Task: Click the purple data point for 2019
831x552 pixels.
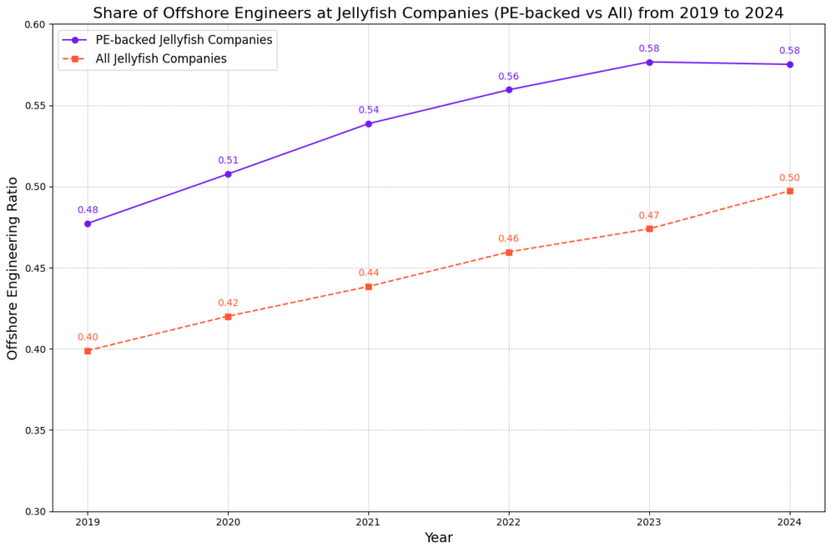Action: pos(88,223)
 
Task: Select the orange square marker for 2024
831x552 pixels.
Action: pos(790,191)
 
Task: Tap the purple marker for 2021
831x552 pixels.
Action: pos(368,123)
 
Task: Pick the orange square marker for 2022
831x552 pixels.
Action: pos(509,252)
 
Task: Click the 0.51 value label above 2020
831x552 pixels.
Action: pos(228,161)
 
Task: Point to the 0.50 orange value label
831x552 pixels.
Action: pos(790,178)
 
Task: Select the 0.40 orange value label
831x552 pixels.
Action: pos(88,337)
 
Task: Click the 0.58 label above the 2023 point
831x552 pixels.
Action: pos(649,49)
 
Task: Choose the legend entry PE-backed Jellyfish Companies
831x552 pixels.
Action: pos(184,39)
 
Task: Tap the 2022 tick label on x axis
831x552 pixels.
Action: pos(509,523)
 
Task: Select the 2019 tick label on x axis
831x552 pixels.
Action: pos(88,523)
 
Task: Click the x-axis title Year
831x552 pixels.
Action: pos(438,537)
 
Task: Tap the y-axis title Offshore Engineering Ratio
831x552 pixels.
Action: pos(12,268)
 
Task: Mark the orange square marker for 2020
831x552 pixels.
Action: pos(228,317)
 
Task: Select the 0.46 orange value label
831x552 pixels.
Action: pos(509,239)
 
